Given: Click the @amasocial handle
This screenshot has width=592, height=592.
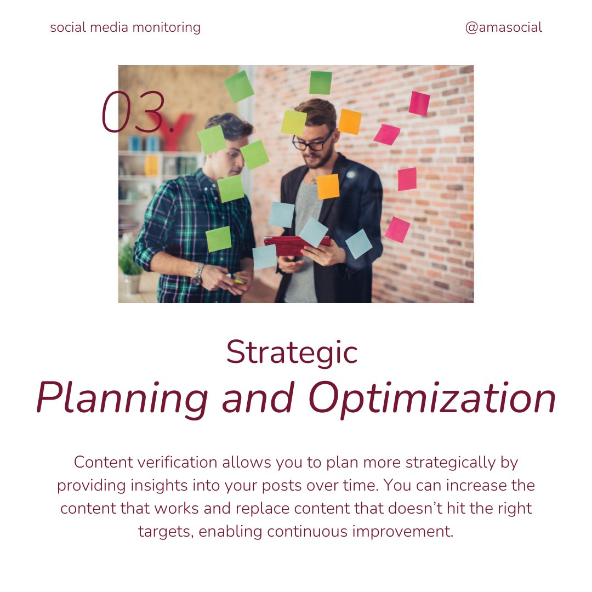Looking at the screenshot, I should [x=503, y=27].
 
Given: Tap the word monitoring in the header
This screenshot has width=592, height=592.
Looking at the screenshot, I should [x=169, y=27].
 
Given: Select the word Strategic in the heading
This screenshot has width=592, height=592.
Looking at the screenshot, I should [x=292, y=352].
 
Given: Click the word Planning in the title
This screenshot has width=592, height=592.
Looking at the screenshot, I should [x=122, y=399].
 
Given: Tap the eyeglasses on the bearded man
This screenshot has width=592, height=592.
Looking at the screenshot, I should [x=312, y=141].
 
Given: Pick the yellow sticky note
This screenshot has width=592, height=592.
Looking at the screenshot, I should [x=293, y=122].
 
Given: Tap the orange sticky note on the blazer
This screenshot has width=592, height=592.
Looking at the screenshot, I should [x=328, y=186].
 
